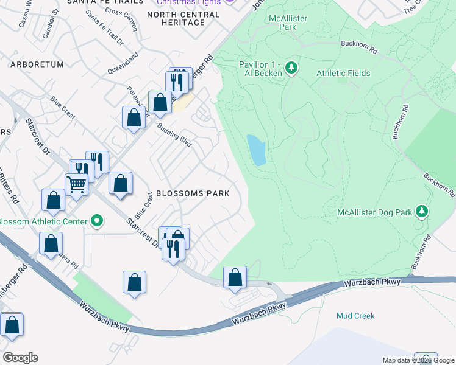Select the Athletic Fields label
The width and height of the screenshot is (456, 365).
343,73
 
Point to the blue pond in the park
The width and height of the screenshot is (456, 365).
256,150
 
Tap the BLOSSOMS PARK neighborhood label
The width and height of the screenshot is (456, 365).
193,193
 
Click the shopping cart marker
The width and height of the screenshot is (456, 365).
76,184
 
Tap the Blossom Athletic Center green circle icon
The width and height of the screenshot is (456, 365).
96,221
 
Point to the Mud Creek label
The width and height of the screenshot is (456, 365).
355,316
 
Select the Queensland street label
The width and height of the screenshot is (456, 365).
123,62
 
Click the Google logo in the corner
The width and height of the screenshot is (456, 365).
20,358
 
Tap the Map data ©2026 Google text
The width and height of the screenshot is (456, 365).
419,360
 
